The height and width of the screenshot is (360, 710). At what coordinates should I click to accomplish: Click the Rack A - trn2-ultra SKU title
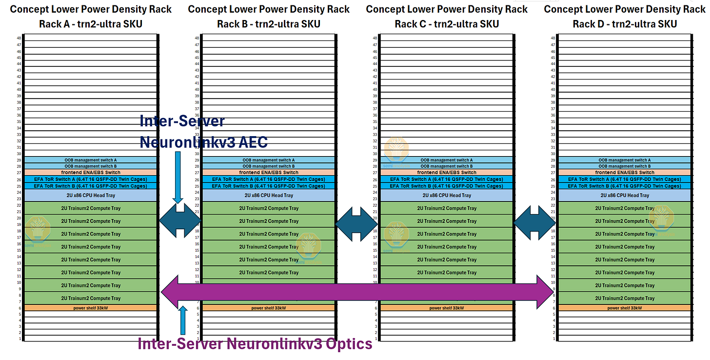91,23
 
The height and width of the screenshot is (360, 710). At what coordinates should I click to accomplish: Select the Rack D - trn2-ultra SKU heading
625,23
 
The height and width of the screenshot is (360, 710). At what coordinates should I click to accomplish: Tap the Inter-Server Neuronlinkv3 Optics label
255,344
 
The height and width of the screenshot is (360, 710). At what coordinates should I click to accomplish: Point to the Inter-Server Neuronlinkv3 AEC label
203,132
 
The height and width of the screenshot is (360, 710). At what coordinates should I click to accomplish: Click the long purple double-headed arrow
356,292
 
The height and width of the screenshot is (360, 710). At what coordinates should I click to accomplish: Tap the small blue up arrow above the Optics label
183,320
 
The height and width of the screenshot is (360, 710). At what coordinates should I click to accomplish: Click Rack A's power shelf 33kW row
91,308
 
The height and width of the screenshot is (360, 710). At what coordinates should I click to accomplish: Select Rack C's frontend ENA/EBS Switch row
447,173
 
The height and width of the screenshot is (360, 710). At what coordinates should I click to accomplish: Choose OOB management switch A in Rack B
269,160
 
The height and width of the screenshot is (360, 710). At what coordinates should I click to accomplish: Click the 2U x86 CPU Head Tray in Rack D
625,195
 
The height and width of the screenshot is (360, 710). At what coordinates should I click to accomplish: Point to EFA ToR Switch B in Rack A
91,186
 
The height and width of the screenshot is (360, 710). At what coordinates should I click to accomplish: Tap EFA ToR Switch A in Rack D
625,180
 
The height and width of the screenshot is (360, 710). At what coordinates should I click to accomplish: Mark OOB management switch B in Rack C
447,166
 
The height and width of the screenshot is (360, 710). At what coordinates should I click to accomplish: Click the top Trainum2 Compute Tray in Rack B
269,208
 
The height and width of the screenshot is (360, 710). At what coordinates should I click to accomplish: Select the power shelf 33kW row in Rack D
625,308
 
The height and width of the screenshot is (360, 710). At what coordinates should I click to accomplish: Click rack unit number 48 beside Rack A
20,38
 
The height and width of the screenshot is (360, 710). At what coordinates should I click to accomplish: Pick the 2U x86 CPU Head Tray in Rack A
91,195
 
